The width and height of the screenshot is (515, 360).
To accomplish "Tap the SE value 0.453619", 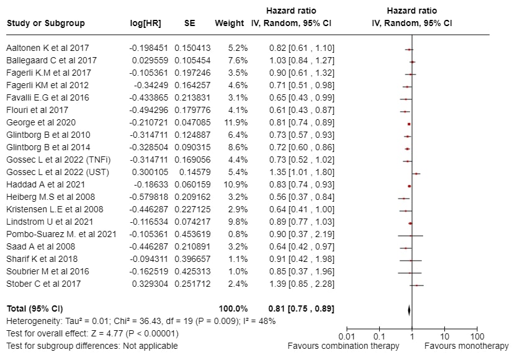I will [x=192, y=234].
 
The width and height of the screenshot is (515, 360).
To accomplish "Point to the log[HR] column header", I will [x=145, y=24].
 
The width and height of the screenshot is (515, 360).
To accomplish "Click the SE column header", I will [x=190, y=24].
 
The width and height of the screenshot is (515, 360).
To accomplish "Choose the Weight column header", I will [x=229, y=24].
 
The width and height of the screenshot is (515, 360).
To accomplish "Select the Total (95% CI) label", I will [x=35, y=308].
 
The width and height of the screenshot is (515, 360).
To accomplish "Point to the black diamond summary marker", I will [x=410, y=308].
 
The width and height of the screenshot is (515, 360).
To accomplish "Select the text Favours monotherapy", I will [x=466, y=346].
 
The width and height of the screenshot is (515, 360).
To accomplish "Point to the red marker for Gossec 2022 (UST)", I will [x=416, y=173].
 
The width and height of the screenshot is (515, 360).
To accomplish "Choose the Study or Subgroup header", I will [x=45, y=24].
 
